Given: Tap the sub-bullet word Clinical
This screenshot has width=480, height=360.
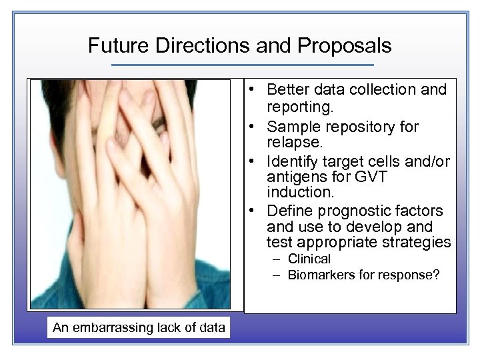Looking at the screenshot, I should coord(309,259).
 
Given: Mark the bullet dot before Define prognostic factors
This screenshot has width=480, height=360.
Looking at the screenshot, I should coord(255,211).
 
